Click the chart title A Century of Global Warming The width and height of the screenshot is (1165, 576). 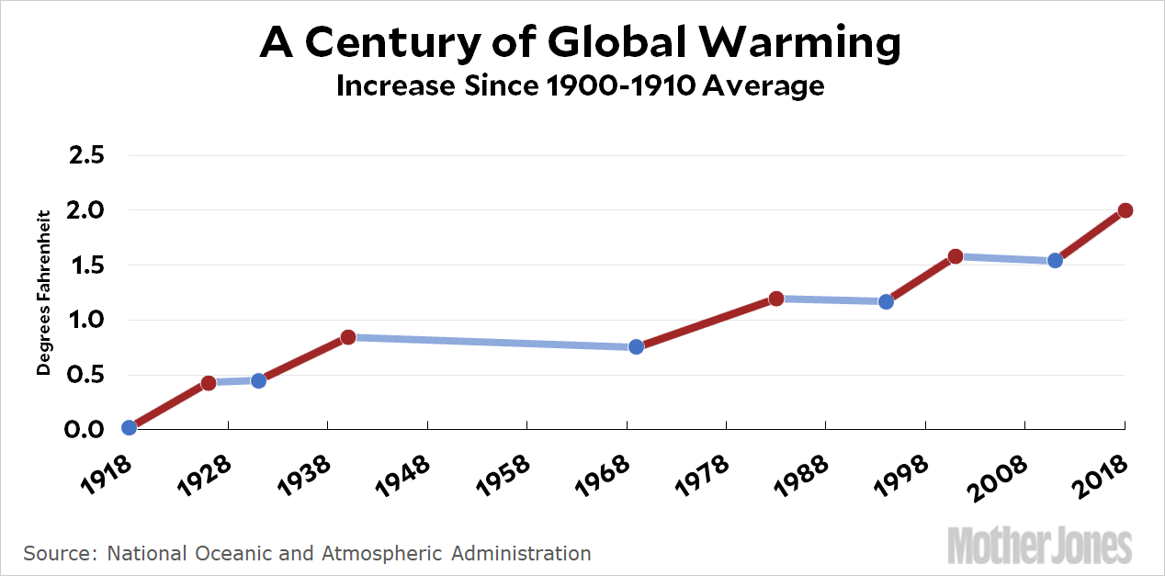click(580, 43)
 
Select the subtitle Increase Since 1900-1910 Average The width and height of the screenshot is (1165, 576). click(580, 85)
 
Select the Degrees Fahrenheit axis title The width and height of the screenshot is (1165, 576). click(43, 293)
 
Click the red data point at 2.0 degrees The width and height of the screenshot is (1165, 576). click(1125, 210)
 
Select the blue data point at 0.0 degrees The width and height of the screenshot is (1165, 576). click(129, 427)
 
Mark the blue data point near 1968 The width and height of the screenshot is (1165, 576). click(636, 346)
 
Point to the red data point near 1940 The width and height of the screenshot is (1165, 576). click(348, 337)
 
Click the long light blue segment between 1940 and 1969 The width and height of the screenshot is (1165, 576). click(492, 342)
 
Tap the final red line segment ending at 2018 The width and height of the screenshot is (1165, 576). click(1091, 234)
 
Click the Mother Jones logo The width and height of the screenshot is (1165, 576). click(1039, 545)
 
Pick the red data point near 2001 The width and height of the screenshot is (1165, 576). click(956, 256)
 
